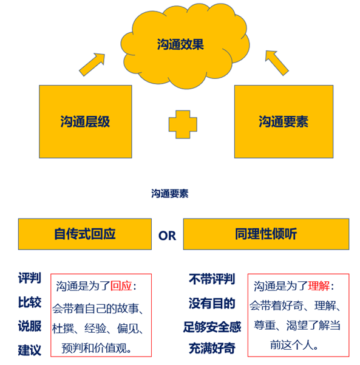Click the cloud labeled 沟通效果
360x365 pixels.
(185, 46)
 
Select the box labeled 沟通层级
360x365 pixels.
(86, 121)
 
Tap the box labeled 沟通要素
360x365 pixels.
(284, 121)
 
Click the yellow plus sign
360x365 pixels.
(183, 125)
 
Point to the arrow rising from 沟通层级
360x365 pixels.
(92, 64)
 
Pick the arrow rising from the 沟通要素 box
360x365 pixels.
(277, 63)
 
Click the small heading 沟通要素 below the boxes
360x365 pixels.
(169, 194)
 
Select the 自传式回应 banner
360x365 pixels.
(85, 234)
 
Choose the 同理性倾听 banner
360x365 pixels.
(266, 234)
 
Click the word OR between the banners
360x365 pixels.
(167, 236)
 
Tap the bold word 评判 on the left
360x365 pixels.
(30, 278)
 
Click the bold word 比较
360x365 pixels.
(30, 302)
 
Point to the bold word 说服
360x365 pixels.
(30, 326)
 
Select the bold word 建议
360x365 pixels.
(30, 350)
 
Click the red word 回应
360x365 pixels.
(121, 286)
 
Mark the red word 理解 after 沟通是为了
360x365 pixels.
(319, 286)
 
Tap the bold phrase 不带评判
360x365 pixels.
(212, 279)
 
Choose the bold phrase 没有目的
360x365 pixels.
(212, 303)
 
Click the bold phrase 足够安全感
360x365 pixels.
(212, 327)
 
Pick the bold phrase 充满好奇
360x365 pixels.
(212, 349)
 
